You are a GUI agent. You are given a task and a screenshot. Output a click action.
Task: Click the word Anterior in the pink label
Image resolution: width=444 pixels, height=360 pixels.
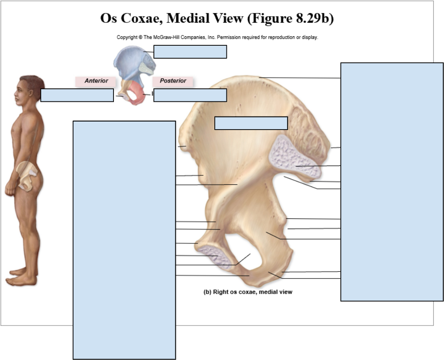(96, 81)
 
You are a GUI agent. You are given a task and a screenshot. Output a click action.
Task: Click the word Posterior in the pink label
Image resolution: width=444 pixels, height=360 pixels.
(173, 81)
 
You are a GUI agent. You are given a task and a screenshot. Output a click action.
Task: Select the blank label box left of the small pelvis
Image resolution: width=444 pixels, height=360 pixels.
(77, 95)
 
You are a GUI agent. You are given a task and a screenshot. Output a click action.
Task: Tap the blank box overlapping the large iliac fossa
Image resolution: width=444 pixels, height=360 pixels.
(251, 123)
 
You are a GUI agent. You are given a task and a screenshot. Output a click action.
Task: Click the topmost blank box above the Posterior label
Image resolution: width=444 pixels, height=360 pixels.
(190, 52)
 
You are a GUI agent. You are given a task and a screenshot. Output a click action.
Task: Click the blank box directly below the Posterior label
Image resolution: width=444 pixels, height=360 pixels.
(190, 95)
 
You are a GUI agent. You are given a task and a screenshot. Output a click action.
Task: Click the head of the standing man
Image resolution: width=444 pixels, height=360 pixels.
(30, 91)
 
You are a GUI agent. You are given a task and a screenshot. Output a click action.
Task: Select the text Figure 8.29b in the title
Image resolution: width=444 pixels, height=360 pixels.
(291, 18)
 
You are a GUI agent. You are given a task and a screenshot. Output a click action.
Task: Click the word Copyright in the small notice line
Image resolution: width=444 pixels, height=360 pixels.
(127, 37)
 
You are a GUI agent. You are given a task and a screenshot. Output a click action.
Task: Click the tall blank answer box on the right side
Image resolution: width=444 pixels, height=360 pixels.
(392, 182)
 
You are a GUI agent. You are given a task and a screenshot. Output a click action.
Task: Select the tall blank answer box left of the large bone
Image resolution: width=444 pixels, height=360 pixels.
(124, 240)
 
